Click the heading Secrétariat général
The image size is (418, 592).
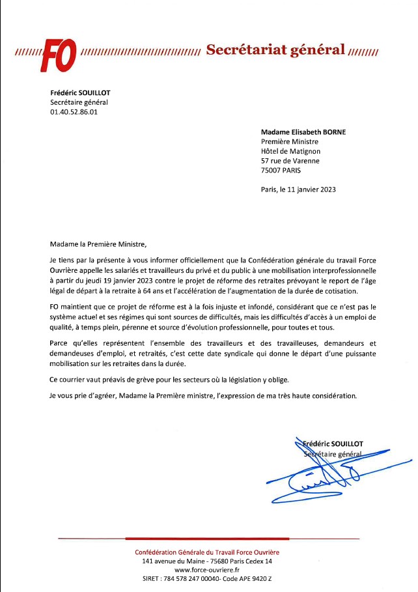pyautogui.click(x=275, y=50)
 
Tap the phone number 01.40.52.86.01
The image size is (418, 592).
pyautogui.click(x=74, y=112)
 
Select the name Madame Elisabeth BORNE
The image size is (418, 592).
pyautogui.click(x=303, y=132)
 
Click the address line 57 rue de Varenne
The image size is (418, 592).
pyautogui.click(x=290, y=161)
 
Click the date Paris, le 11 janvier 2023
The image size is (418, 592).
pyautogui.click(x=298, y=190)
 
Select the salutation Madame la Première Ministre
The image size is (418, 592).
pyautogui.click(x=99, y=244)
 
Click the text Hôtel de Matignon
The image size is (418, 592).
pyautogui.click(x=290, y=151)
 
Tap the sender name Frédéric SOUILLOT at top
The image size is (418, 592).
pyautogui.click(x=80, y=92)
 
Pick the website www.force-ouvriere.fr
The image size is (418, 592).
pyautogui.click(x=208, y=570)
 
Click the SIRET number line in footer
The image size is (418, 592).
pyautogui.click(x=207, y=579)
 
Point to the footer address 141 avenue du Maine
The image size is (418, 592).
pyautogui.click(x=207, y=561)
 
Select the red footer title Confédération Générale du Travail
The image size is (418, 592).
pyautogui.click(x=207, y=552)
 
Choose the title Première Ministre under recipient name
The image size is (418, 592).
pyautogui.click(x=289, y=141)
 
